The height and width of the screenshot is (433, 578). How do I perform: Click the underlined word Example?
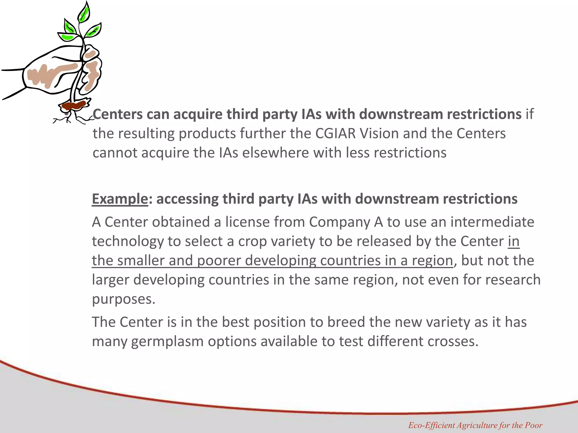(x=120, y=199)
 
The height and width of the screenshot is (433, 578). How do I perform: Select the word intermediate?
(x=492, y=222)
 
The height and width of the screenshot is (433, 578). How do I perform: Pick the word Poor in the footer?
(x=533, y=425)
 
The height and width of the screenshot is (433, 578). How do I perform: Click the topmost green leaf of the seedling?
(x=84, y=13)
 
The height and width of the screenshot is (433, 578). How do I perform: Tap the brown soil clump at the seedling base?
(x=74, y=106)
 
